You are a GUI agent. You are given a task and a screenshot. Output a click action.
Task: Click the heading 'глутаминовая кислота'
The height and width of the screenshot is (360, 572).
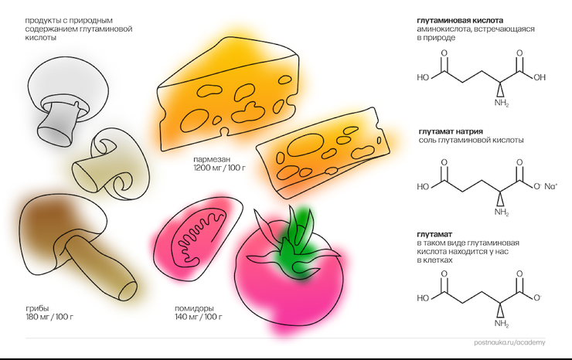(x=459, y=20)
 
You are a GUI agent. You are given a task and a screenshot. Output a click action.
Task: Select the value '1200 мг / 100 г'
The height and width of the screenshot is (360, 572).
(x=219, y=168)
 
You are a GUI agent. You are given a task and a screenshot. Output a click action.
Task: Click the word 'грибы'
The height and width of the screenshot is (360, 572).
(x=36, y=308)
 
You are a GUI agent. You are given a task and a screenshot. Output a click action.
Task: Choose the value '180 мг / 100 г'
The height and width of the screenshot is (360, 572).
(x=50, y=318)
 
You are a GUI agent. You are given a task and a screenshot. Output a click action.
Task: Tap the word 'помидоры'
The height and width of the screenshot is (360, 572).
(x=194, y=308)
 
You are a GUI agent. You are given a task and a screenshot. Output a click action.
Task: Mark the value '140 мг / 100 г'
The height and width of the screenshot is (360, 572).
(x=199, y=318)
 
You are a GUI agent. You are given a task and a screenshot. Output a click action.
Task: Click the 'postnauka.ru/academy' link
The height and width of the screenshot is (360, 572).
(x=509, y=342)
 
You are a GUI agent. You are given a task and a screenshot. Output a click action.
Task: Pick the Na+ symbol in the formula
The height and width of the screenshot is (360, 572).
(x=550, y=186)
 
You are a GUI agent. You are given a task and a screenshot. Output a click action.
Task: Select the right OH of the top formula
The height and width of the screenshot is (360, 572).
(x=539, y=77)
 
